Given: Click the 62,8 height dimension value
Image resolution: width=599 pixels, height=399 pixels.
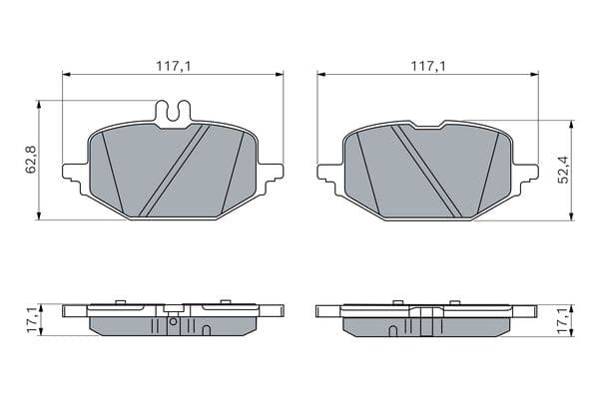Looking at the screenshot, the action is coord(31,160).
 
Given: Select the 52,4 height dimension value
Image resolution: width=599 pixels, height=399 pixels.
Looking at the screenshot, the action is coord(563,171).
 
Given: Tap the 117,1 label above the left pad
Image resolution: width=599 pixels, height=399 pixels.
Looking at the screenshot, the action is coord(173,67).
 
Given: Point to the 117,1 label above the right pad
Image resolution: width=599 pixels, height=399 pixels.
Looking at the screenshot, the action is coord(428,67).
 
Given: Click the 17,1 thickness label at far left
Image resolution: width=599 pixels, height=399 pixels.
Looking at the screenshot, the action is coord(32,320).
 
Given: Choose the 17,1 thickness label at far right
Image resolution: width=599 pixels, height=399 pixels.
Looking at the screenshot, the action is coord(563,320).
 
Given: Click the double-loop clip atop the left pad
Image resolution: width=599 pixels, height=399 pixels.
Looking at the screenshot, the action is coord(174,112).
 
